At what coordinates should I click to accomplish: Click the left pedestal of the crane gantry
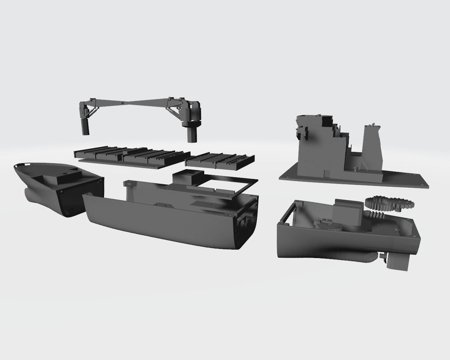85,127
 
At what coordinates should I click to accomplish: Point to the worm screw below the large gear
378,213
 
